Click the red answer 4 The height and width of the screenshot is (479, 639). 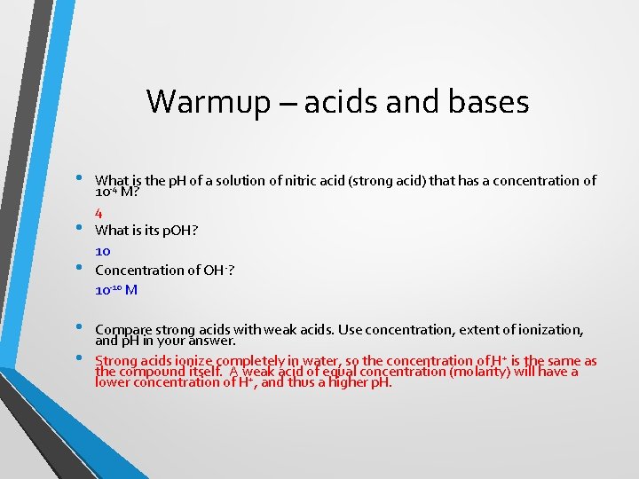pos(99,213)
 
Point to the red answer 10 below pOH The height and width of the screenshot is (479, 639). pos(103,251)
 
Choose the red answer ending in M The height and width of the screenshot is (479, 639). pos(115,289)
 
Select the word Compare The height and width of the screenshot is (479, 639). pos(123,330)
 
